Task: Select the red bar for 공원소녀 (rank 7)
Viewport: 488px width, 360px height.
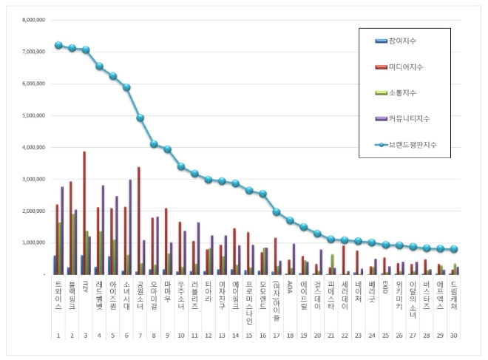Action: [138, 221]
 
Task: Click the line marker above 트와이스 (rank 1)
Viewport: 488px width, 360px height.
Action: [58, 45]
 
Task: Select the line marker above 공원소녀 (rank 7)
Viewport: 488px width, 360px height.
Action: [140, 118]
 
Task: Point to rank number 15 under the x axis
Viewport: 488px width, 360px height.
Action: [248, 335]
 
